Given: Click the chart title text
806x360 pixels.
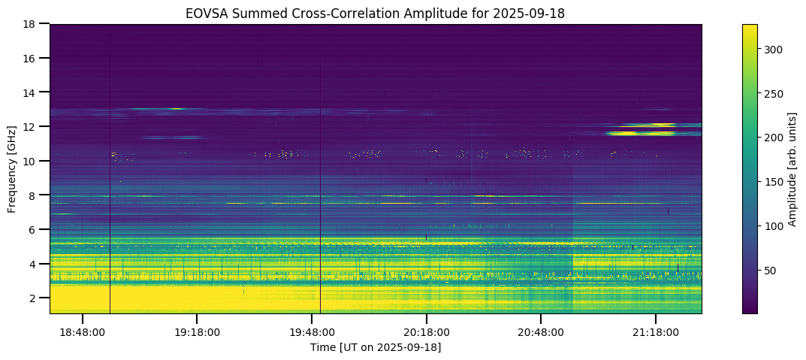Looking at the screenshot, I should [x=376, y=14].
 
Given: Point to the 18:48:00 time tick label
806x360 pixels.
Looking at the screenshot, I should [x=83, y=331].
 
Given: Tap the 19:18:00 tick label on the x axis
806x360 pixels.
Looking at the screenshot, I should [x=197, y=331].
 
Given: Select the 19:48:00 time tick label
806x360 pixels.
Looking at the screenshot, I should [x=312, y=331].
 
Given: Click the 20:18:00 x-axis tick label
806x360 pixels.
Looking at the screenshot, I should [x=427, y=331].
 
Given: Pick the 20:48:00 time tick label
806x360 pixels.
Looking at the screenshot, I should [x=541, y=331].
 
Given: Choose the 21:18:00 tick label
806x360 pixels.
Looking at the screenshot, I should [x=656, y=331].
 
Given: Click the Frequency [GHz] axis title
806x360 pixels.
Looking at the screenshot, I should [x=12, y=168].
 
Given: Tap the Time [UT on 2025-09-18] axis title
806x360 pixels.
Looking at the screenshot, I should [x=376, y=347].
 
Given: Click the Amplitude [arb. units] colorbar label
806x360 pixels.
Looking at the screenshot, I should [x=792, y=168].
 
